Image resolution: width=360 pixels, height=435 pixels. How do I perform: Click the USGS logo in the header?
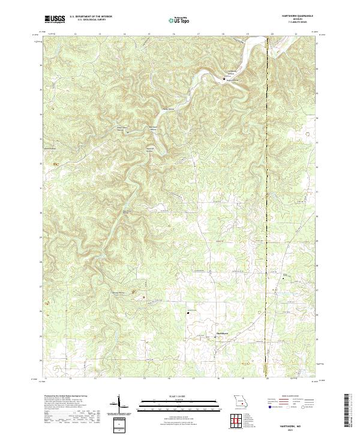coord(55,19)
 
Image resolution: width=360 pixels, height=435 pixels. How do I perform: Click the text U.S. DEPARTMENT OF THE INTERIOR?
coord(91,17)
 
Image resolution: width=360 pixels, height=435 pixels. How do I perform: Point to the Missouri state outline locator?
coord(239,401)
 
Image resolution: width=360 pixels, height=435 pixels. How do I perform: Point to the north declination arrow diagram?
coord(119,404)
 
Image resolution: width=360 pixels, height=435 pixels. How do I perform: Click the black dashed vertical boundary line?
coord(266,210)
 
